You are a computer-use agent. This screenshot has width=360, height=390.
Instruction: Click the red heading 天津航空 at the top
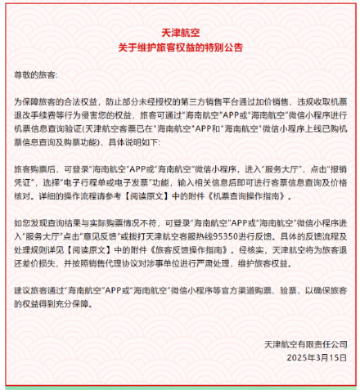(180, 32)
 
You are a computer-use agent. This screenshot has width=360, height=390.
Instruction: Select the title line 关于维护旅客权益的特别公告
(180, 47)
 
